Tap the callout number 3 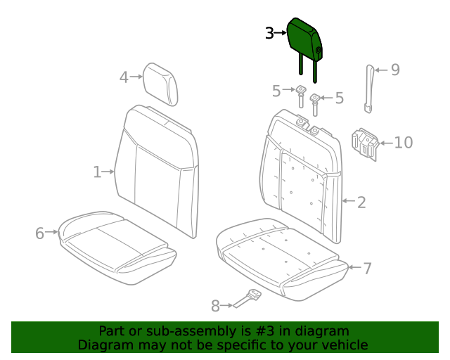[x=269, y=32]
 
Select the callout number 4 [x=124, y=77]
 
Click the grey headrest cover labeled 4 [x=161, y=83]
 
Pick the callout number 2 [x=361, y=202]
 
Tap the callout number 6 [x=39, y=233]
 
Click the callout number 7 [x=367, y=268]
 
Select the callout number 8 [x=215, y=305]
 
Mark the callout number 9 [x=395, y=70]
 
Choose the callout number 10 [x=403, y=143]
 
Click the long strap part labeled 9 [x=368, y=89]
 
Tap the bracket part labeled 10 [x=364, y=143]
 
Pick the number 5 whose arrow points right [x=276, y=91]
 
